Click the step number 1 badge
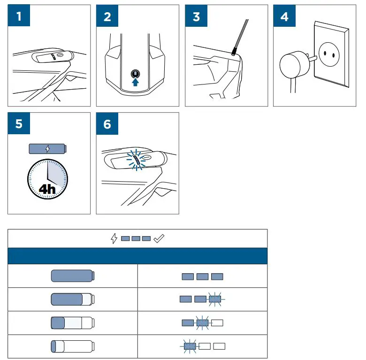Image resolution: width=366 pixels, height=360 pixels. (x=19, y=17)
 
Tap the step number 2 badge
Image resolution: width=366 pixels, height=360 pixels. (x=107, y=17)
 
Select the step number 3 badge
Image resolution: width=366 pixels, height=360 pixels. (x=196, y=17)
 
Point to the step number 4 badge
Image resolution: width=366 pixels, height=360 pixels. (x=284, y=17)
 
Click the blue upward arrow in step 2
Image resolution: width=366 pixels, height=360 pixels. (x=136, y=82)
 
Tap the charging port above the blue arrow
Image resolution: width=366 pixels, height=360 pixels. (x=136, y=74)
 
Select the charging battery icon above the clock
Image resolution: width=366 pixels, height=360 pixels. (x=47, y=149)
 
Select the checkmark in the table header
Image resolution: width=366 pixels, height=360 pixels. (x=159, y=238)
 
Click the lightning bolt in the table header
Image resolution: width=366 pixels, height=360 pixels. (x=113, y=238)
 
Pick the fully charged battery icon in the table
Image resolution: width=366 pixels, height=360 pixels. (x=72, y=276)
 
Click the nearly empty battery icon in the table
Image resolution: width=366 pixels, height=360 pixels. (x=72, y=346)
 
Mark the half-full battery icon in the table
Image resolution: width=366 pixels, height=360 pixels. (x=72, y=323)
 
